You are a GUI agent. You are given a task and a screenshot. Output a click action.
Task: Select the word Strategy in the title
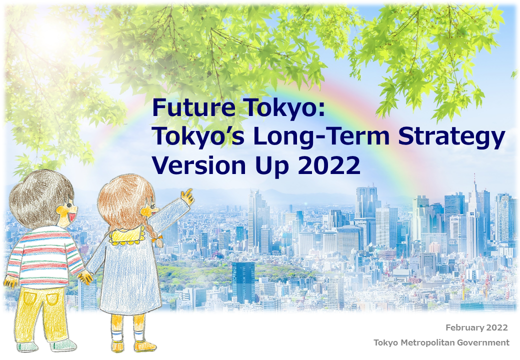tap(451, 136)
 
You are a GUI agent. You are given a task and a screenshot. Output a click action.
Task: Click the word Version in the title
tap(198, 165)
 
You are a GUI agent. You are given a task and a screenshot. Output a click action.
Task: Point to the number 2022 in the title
tap(328, 165)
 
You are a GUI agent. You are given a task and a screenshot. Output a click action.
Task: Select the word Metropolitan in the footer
tap(421, 343)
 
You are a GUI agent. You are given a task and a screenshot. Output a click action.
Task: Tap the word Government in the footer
tap(477, 343)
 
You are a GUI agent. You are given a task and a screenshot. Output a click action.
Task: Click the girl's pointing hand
tap(187, 196)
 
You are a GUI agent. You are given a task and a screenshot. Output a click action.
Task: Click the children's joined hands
tap(85, 277)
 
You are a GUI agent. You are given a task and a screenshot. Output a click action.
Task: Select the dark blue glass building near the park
tap(243, 281)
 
